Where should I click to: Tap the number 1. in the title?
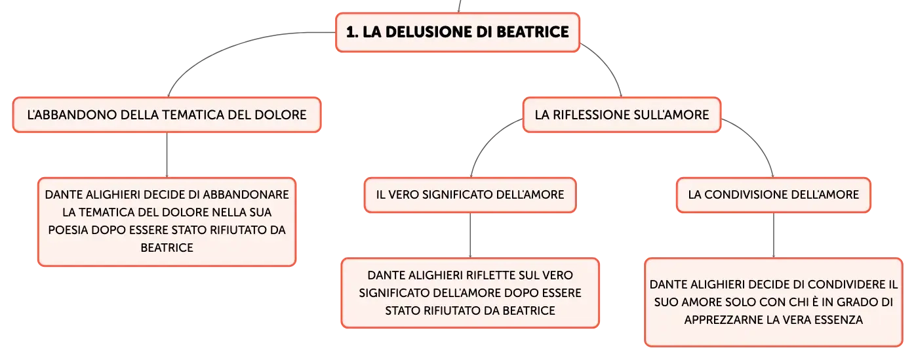tap(352, 32)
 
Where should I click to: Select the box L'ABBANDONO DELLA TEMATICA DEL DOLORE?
tap(167, 115)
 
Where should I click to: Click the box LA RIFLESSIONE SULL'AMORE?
tap(622, 115)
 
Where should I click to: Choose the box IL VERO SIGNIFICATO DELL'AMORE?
tap(470, 195)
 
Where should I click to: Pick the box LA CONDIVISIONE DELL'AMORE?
tap(773, 195)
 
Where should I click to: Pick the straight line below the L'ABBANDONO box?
tap(167, 155)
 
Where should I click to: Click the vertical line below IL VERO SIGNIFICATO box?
tap(470, 235)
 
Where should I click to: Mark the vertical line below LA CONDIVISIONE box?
tap(774, 235)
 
